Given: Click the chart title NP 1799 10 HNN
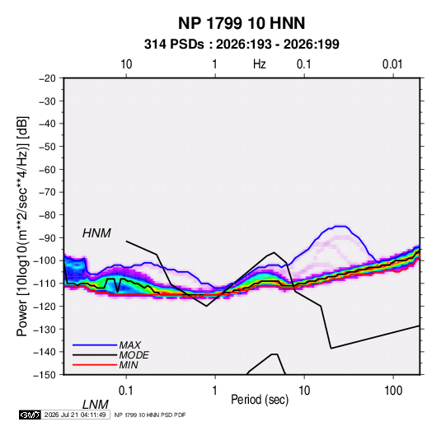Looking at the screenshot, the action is coord(242,23).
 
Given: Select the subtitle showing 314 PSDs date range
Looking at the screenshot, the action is coord(242,45).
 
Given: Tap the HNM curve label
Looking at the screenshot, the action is coord(96,233).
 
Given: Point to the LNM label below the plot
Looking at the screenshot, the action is coord(95,405).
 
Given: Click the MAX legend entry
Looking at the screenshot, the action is coord(129,345).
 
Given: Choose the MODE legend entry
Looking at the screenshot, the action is coord(134,355).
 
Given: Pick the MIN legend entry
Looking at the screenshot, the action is coord(129,365).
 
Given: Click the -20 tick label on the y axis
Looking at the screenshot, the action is coord(47,78).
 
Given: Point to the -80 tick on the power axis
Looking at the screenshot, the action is coord(47,215).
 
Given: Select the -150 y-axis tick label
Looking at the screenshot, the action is coord(45,375).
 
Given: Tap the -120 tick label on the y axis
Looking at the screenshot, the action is coord(45,307).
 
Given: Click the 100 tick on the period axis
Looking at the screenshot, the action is coord(393,391).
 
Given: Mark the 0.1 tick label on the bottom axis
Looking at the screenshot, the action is coord(126,391).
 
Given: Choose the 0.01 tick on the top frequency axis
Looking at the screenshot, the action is coord(392,64).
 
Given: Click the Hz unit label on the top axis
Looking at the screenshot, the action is coord(260,64).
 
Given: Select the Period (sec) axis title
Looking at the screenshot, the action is coord(260,400).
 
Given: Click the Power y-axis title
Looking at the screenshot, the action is coord(22,227).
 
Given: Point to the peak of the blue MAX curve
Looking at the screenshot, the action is coord(340,226).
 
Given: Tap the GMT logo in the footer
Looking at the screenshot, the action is coord(30,415).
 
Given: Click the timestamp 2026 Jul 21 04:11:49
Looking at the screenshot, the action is coord(75,415).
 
